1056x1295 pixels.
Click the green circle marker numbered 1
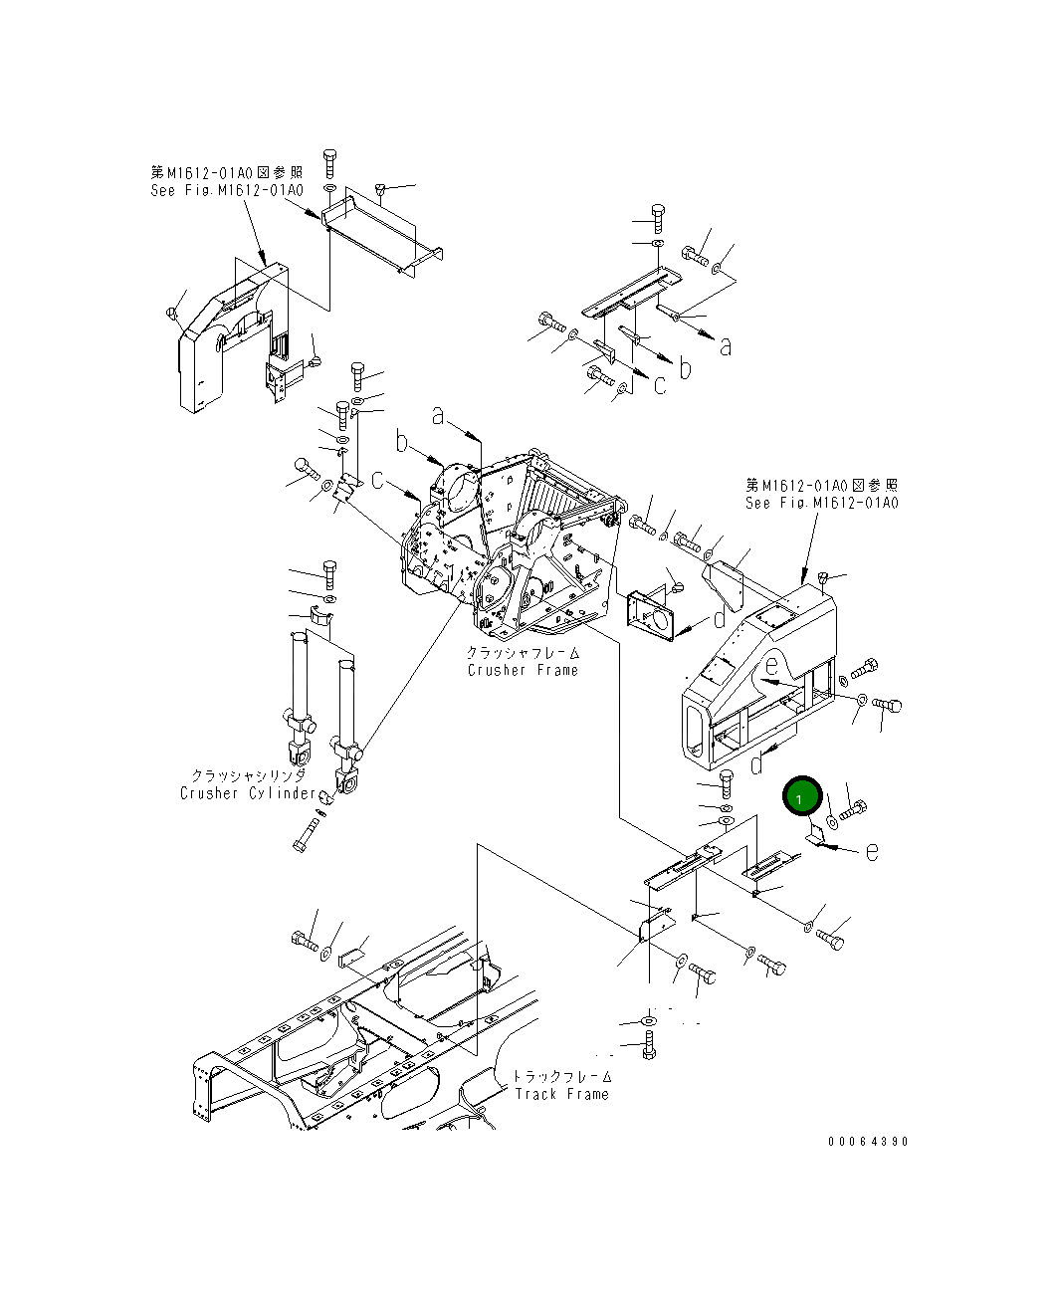click(x=802, y=797)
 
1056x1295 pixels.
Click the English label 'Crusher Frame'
click(x=523, y=670)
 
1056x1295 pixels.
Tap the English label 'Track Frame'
click(x=561, y=1094)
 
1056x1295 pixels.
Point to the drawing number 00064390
click(x=867, y=1142)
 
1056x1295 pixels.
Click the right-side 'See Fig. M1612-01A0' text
click(x=821, y=503)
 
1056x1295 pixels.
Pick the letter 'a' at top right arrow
click(x=726, y=346)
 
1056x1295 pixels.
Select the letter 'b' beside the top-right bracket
click(x=685, y=367)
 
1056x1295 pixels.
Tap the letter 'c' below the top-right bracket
click(x=660, y=384)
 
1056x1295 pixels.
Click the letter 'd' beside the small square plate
click(x=720, y=620)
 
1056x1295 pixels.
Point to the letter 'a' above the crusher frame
click(x=438, y=416)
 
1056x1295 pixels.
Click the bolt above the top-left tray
click(x=330, y=161)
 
